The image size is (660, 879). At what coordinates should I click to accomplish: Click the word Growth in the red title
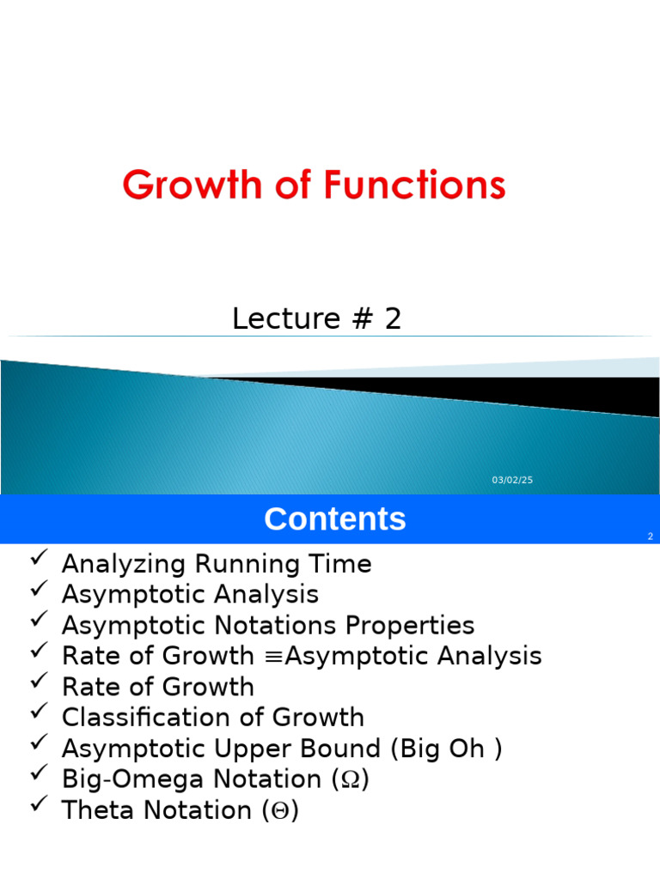pyautogui.click(x=191, y=185)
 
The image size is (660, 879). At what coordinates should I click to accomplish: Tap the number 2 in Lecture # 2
pyautogui.click(x=393, y=318)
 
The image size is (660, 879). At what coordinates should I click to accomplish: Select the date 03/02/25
pyautogui.click(x=512, y=480)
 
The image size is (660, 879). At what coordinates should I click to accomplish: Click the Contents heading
pyautogui.click(x=334, y=519)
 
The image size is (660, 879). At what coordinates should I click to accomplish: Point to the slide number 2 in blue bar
pyautogui.click(x=651, y=536)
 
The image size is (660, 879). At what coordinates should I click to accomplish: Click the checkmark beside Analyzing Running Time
pyautogui.click(x=38, y=560)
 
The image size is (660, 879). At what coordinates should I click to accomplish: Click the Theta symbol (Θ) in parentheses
pyautogui.click(x=283, y=810)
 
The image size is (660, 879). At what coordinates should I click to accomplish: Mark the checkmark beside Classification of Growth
pyautogui.click(x=38, y=712)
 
